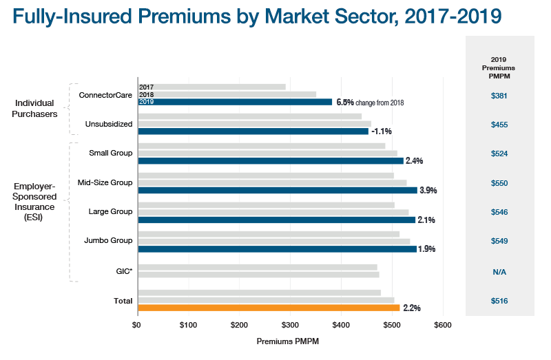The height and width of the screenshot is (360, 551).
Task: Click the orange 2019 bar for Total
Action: (269, 308)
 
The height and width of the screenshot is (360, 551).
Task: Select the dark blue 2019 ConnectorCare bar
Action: (235, 102)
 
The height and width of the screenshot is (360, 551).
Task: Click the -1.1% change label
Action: (382, 131)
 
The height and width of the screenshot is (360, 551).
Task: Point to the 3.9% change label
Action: (428, 190)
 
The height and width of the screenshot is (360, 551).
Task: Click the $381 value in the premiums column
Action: (499, 96)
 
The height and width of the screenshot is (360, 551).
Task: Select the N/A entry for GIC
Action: (499, 272)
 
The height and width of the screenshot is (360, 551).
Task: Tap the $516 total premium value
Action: (499, 301)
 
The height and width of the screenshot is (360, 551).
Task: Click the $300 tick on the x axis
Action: (290, 324)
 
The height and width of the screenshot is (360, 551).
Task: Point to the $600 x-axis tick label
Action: (443, 324)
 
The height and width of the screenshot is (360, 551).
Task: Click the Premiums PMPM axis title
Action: (288, 341)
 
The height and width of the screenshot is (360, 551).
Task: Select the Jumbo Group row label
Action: (108, 241)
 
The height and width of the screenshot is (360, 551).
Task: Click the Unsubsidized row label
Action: (109, 124)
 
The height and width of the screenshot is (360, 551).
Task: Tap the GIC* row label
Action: (124, 271)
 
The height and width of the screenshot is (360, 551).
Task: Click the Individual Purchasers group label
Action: (35, 108)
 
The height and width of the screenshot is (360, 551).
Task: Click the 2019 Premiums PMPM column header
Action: (499, 68)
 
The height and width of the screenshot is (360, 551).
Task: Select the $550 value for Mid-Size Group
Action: (499, 183)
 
